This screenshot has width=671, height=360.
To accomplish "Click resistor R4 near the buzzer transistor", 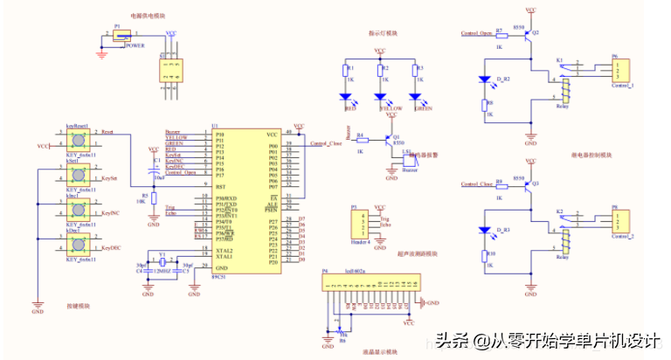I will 360,140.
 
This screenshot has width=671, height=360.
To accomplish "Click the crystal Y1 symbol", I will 162,262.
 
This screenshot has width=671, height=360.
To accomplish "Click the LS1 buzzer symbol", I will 408,161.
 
